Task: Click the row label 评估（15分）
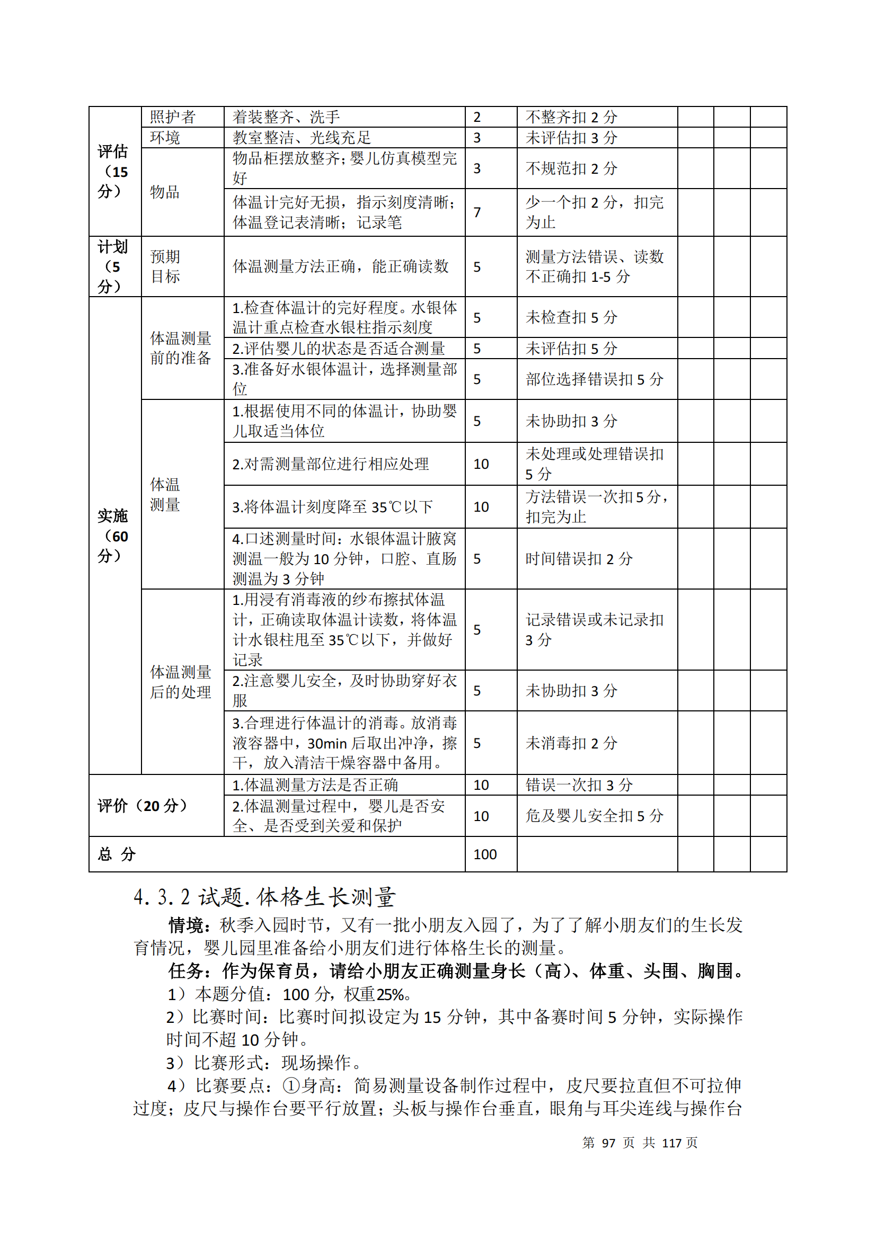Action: (x=113, y=171)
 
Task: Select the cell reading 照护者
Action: (x=173, y=117)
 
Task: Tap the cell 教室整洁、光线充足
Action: (x=302, y=138)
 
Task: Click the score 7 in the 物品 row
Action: (x=477, y=212)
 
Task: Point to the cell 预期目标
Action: (x=165, y=266)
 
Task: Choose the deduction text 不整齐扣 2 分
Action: (x=571, y=117)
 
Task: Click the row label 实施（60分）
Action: (x=113, y=536)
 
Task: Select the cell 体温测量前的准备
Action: (x=181, y=348)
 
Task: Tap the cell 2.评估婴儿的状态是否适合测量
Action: (x=339, y=349)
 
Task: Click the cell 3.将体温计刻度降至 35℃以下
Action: (x=332, y=507)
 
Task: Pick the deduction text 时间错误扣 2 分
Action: (x=579, y=558)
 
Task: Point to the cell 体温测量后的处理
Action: (x=181, y=682)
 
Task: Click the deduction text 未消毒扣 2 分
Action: (x=571, y=743)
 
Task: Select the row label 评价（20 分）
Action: (x=143, y=806)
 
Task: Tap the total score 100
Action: (x=485, y=854)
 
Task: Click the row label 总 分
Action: (x=117, y=854)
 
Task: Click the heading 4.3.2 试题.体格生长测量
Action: (x=264, y=897)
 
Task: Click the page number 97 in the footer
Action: (x=608, y=1143)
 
